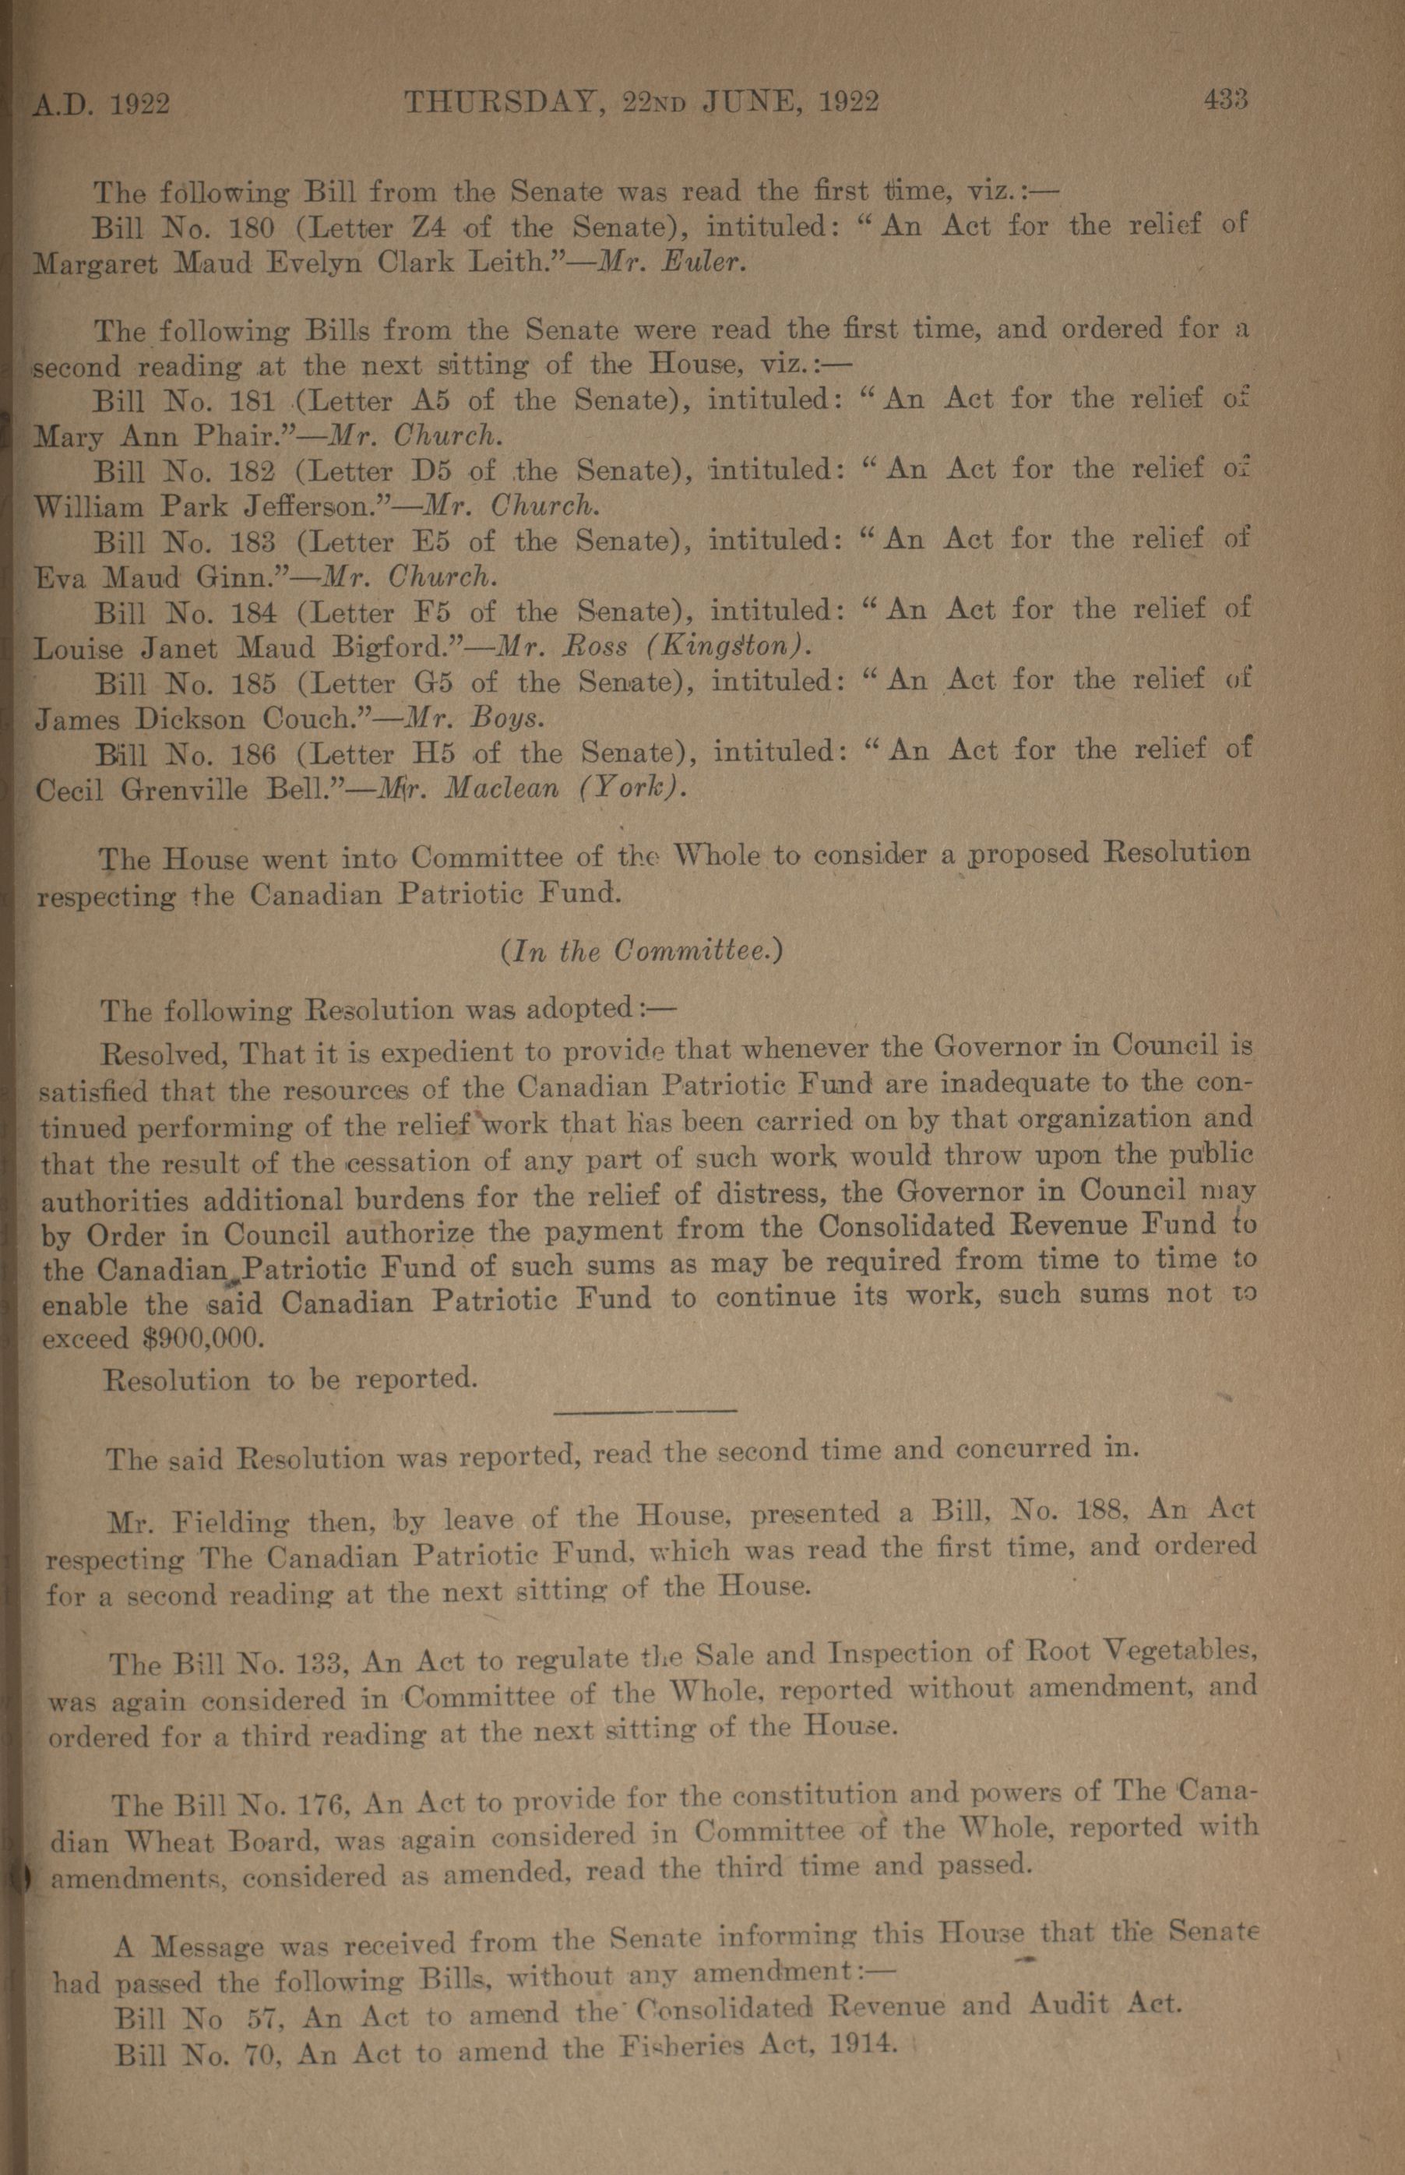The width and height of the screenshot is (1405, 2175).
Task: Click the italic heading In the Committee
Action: coord(642,952)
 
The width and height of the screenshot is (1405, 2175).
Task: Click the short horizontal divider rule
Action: coord(645,1412)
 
